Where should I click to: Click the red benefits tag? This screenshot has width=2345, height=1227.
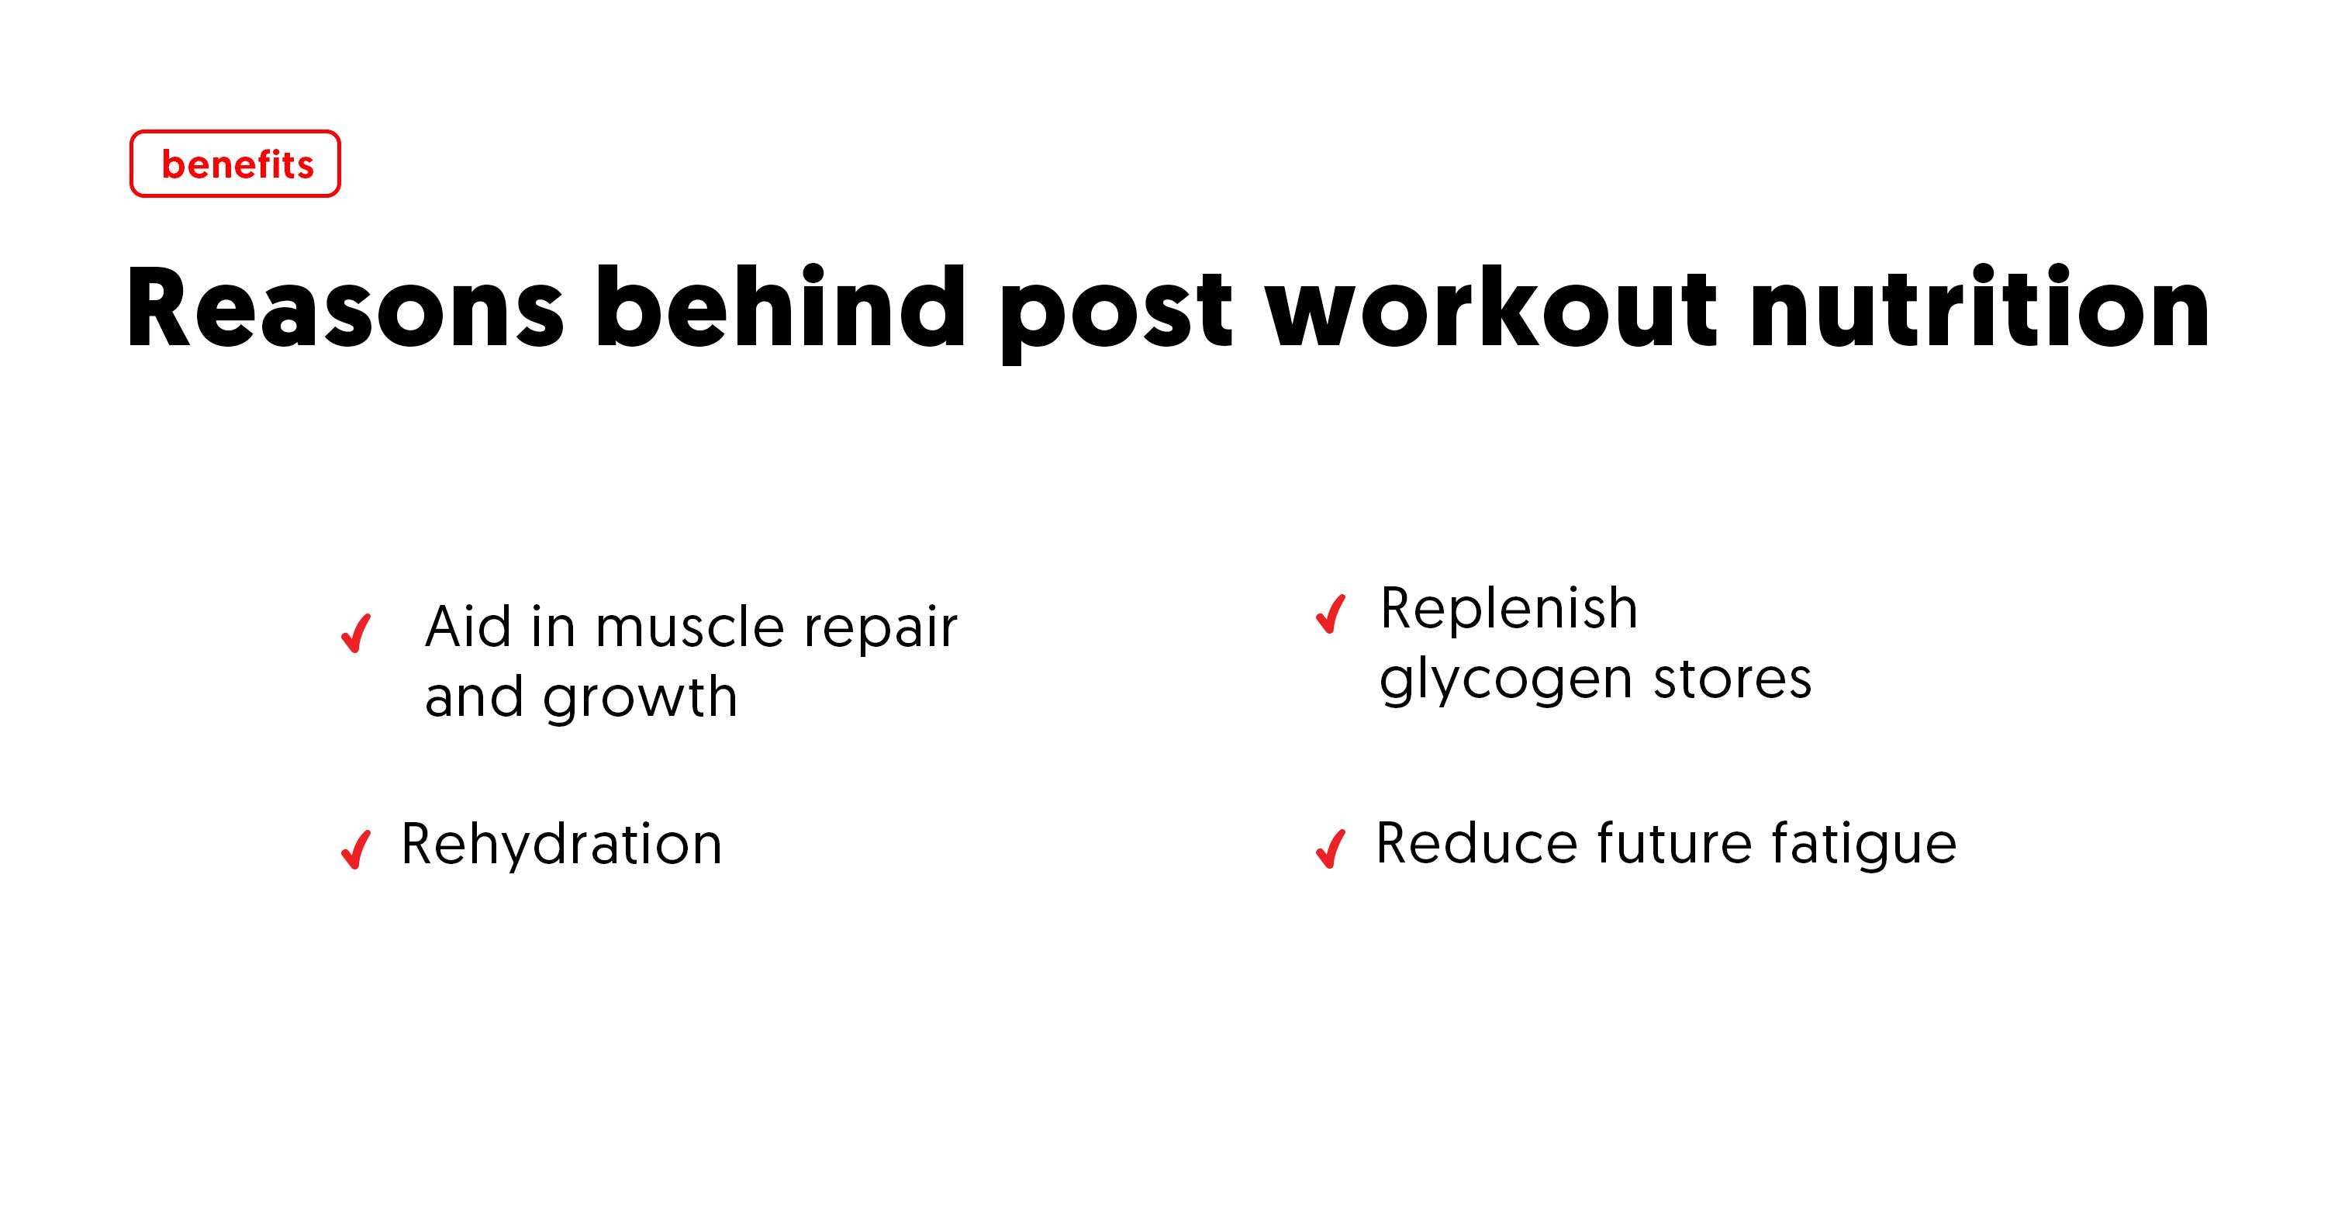pyautogui.click(x=235, y=164)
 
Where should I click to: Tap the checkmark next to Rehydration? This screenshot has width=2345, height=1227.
pyautogui.click(x=356, y=849)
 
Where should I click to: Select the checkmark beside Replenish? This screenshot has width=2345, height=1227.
pyautogui.click(x=1331, y=613)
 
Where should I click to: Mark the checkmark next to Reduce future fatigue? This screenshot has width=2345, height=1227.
pyautogui.click(x=1331, y=848)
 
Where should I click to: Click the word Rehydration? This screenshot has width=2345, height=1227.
pyautogui.click(x=561, y=844)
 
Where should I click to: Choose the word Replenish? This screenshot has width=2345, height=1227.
pyautogui.click(x=1508, y=608)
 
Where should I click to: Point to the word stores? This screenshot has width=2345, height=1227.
pyautogui.click(x=1732, y=679)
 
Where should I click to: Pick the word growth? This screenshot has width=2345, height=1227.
pyautogui.click(x=640, y=699)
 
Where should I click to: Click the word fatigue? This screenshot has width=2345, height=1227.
pyautogui.click(x=1863, y=845)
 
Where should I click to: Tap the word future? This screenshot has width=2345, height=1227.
pyautogui.click(x=1673, y=844)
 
